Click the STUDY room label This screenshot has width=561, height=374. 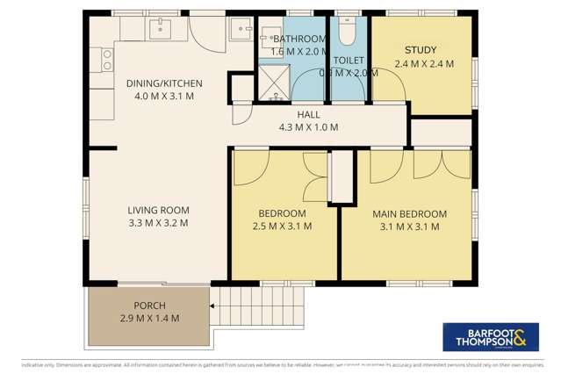(x=421, y=50)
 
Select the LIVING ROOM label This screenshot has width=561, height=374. (x=158, y=210)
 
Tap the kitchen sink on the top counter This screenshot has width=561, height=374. (x=160, y=30)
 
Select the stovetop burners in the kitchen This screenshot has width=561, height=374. (x=107, y=59)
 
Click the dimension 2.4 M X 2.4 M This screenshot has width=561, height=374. (x=421, y=64)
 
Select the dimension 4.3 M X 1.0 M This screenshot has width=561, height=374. (x=307, y=127)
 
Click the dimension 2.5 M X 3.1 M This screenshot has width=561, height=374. (x=281, y=227)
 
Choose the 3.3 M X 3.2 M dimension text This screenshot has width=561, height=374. (x=158, y=223)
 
